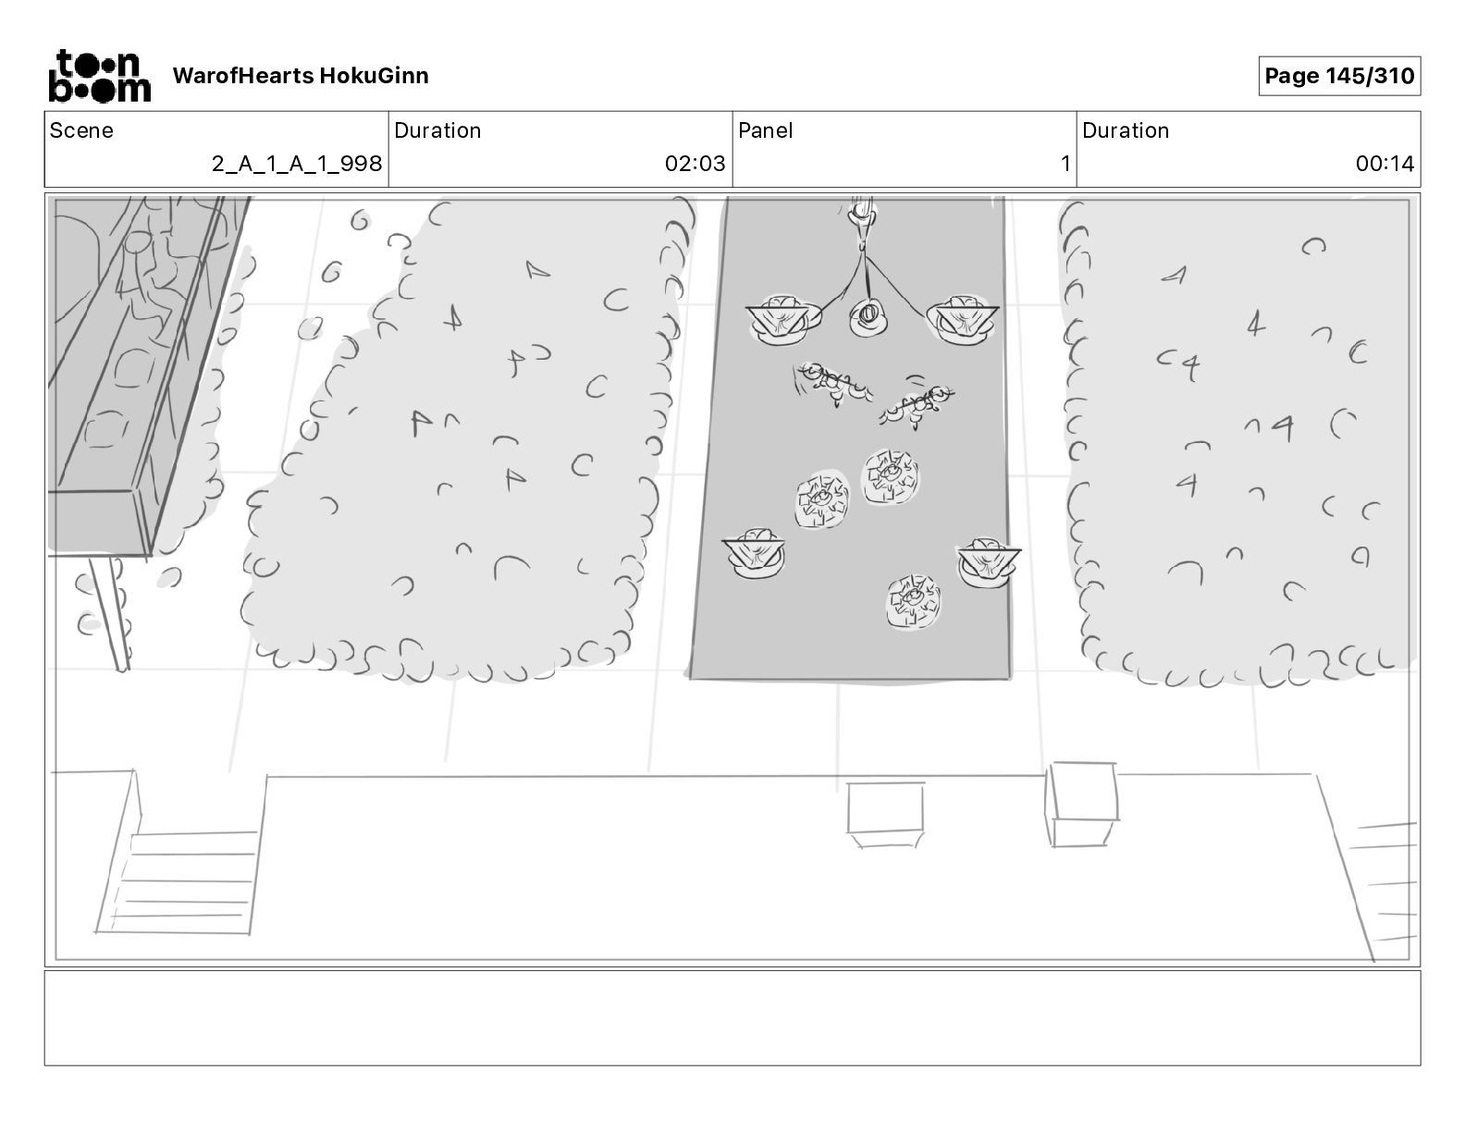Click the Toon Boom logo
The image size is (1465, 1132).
point(99,76)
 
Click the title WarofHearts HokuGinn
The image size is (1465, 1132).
point(301,76)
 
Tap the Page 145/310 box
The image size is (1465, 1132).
point(1338,76)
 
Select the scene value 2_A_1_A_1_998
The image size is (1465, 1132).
point(296,164)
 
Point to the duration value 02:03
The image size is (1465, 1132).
point(695,164)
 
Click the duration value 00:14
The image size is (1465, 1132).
point(1385,164)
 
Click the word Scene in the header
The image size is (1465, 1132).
point(81,130)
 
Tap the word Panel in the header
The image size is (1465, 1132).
point(765,130)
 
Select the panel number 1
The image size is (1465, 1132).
point(1065,164)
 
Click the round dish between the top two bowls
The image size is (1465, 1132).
point(868,318)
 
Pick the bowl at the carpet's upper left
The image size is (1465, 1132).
point(782,319)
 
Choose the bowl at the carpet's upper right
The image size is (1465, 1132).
point(962,319)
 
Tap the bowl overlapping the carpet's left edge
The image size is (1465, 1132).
point(756,553)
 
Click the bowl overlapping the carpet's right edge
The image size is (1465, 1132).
point(989,561)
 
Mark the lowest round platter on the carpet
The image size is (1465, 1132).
point(913,600)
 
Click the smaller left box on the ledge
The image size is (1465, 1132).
point(885,812)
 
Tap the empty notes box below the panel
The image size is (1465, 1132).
point(732,1017)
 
